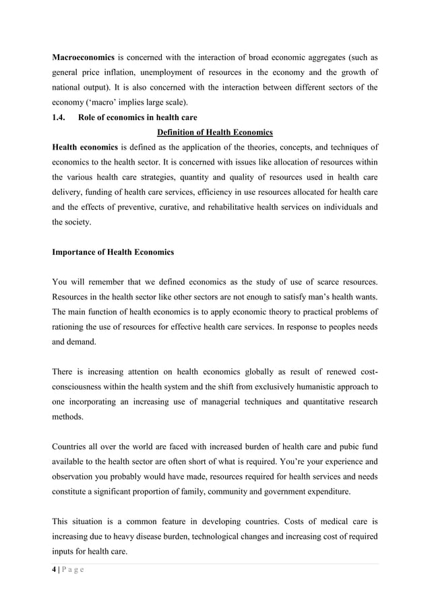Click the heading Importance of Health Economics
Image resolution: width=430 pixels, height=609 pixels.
(x=113, y=252)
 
